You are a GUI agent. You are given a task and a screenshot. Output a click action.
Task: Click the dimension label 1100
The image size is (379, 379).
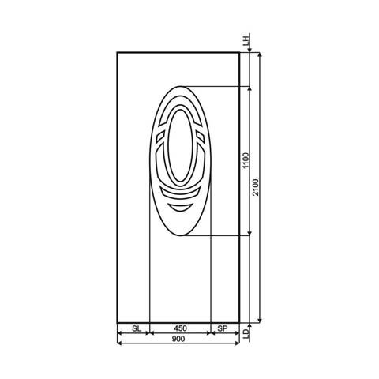click(246, 161)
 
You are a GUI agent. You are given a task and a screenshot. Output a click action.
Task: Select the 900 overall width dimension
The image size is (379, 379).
click(178, 339)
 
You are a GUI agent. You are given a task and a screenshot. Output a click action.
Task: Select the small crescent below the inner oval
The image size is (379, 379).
click(180, 205)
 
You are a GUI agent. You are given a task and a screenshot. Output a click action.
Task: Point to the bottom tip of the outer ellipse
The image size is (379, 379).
click(180, 236)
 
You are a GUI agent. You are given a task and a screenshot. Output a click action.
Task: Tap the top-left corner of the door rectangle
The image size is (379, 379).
click(117, 52)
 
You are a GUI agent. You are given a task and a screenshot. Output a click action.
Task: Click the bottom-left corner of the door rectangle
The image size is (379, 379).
click(117, 323)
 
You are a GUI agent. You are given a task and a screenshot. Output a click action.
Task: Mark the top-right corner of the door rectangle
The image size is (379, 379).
click(240, 52)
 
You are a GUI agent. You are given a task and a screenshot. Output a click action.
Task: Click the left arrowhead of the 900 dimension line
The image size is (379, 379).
click(119, 334)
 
